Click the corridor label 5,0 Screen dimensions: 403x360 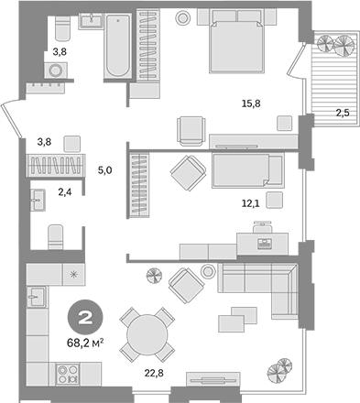(104, 169)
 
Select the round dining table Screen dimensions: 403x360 (147, 333)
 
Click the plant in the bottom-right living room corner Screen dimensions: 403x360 (277, 371)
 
